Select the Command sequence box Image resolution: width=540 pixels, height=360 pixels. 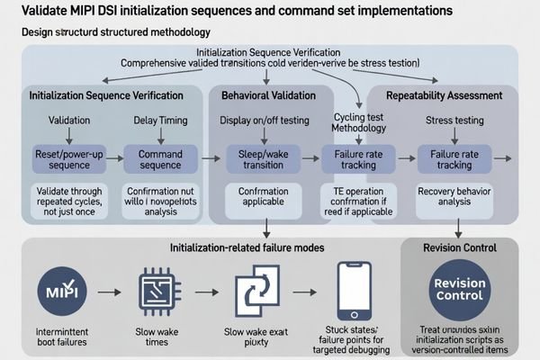(159, 158)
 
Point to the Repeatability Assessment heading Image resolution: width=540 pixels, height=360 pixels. (438, 94)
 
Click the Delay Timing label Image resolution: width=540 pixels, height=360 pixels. (159, 121)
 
